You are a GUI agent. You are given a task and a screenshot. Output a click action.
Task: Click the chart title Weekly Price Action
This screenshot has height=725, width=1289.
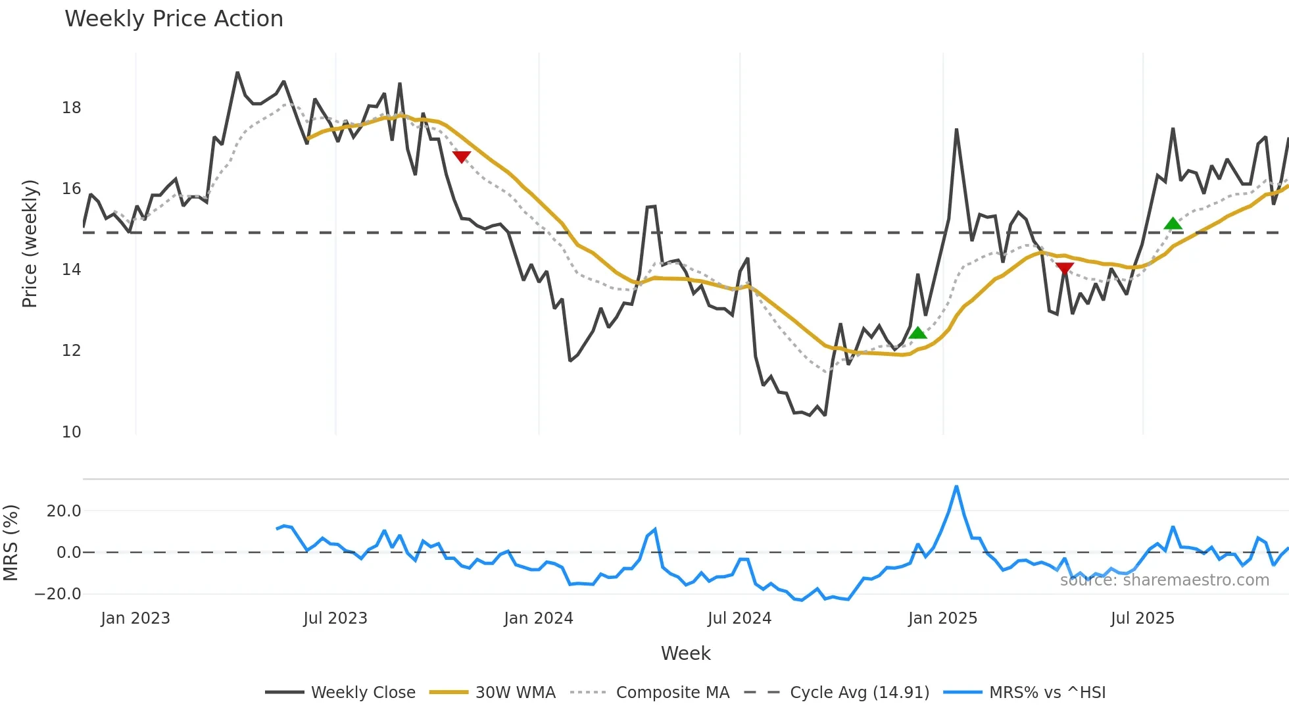point(174,19)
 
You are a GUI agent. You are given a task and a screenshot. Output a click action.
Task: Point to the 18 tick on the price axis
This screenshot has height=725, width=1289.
point(71,108)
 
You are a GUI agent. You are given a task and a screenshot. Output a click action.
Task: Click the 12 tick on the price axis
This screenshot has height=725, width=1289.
point(71,351)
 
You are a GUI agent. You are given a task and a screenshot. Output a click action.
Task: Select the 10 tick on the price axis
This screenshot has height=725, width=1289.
point(71,432)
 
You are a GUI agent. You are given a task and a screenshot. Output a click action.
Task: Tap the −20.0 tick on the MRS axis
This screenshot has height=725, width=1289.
point(58,594)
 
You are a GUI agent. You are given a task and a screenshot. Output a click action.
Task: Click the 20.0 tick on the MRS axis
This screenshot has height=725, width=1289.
point(64,511)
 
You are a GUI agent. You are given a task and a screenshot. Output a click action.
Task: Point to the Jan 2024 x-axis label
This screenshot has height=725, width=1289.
point(539,618)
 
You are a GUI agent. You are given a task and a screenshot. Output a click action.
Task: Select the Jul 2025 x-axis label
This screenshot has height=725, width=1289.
point(1142,618)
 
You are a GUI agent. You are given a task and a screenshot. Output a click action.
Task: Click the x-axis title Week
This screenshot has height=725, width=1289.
point(685,653)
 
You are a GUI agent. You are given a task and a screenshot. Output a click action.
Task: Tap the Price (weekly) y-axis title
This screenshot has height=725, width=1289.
point(30,243)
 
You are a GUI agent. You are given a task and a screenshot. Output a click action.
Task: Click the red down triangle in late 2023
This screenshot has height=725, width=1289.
point(462,157)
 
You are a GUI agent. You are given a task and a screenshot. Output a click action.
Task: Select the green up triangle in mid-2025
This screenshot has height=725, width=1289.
point(1173,224)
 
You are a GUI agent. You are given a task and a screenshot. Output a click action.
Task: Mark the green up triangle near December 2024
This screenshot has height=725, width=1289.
point(917,333)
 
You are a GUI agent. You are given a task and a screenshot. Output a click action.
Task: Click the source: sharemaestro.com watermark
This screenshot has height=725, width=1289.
point(1164,580)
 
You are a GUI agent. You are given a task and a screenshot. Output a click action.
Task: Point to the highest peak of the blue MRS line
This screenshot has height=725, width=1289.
point(956,487)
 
